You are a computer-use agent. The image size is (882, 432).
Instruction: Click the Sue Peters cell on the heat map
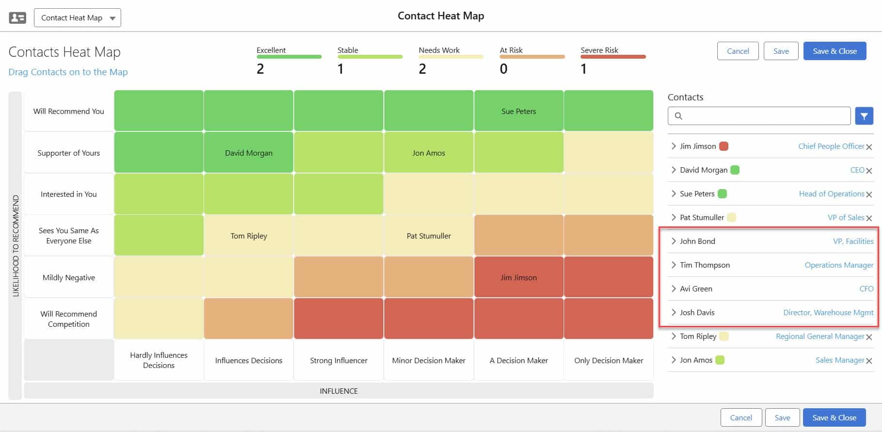click(519, 111)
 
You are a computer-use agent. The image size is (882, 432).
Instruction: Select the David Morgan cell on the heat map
click(249, 153)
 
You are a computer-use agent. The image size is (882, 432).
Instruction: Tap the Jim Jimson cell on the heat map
click(519, 277)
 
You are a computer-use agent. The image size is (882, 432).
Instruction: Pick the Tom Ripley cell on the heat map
click(249, 236)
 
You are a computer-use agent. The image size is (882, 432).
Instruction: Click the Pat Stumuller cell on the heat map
click(428, 236)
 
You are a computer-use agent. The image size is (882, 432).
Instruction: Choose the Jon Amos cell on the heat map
click(428, 153)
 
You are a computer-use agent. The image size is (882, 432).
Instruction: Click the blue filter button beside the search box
click(864, 116)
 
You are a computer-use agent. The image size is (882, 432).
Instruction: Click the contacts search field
click(759, 116)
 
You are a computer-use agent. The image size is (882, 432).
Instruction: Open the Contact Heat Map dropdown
click(78, 18)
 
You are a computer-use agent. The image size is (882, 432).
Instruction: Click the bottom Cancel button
click(741, 417)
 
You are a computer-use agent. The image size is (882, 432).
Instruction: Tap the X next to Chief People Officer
click(869, 147)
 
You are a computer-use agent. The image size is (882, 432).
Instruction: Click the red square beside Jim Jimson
click(724, 146)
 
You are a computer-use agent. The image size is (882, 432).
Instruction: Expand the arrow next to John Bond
click(674, 241)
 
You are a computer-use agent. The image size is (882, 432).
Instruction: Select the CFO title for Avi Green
click(866, 288)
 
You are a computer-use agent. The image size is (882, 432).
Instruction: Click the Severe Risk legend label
click(599, 50)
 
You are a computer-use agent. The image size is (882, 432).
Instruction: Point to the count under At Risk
click(504, 69)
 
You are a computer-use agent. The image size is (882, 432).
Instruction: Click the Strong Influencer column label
click(338, 360)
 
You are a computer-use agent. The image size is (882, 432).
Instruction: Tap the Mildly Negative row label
click(69, 277)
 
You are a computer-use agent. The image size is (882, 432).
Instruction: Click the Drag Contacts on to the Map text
click(68, 72)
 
